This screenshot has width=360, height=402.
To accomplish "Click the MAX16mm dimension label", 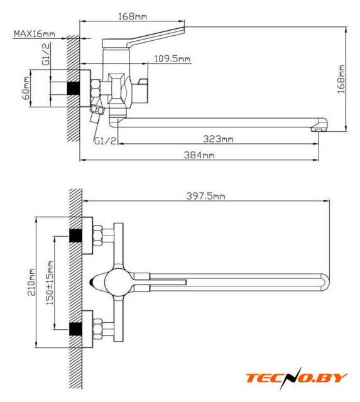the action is tap(35, 33).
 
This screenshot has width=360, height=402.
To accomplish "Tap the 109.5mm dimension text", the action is tap(172, 58).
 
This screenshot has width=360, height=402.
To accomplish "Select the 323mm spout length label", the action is tap(218, 139).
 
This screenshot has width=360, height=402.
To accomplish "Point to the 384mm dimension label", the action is tap(199, 155).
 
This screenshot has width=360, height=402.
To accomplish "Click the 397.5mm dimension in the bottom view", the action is tap(205, 196).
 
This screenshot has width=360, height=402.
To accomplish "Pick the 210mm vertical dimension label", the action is tap(31, 282).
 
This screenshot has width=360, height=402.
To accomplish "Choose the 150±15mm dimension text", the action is tap(50, 283).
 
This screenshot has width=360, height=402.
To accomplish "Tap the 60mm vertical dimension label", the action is tap(26, 88).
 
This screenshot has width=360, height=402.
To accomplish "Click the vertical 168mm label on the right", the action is tap(341, 79).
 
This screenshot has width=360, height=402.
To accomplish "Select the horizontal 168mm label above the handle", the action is tap(133, 16).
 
